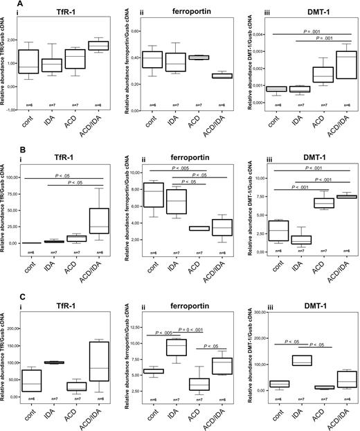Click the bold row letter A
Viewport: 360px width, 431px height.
click(x=4, y=5)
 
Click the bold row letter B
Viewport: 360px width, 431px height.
click(x=4, y=149)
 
